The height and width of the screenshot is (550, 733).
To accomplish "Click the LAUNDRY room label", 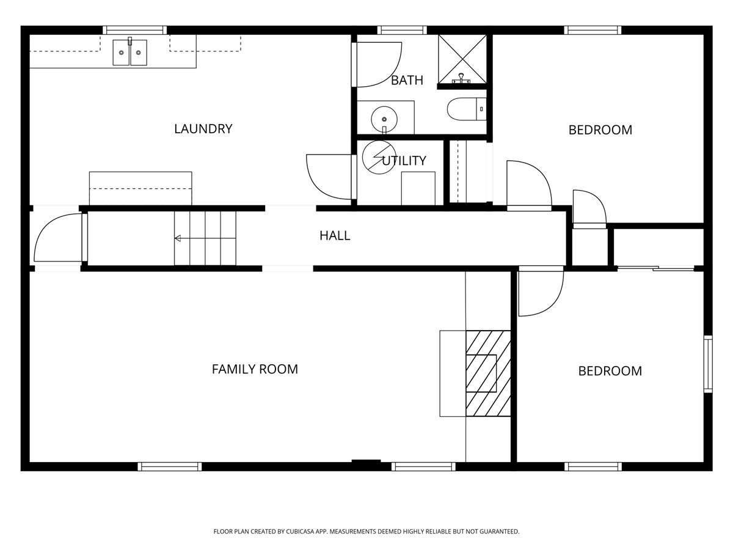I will tap(203, 129).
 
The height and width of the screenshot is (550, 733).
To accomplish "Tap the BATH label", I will tap(407, 80).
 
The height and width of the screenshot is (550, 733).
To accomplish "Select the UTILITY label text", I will tap(404, 161).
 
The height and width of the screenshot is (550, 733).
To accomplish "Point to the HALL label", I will tap(335, 236).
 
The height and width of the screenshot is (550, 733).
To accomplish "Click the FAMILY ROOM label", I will tap(255, 369).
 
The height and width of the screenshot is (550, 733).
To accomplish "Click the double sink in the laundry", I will tap(129, 53).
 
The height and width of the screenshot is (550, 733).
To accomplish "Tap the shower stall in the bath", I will tap(462, 59).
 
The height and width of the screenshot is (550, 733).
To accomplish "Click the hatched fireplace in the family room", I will tap(488, 373).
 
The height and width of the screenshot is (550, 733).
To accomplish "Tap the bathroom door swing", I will tap(377, 64).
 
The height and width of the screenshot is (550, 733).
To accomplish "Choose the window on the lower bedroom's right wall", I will tap(708, 364).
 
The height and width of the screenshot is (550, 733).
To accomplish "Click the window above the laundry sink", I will tap(134, 29).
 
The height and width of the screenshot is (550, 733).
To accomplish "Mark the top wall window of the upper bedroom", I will tap(593, 29).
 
